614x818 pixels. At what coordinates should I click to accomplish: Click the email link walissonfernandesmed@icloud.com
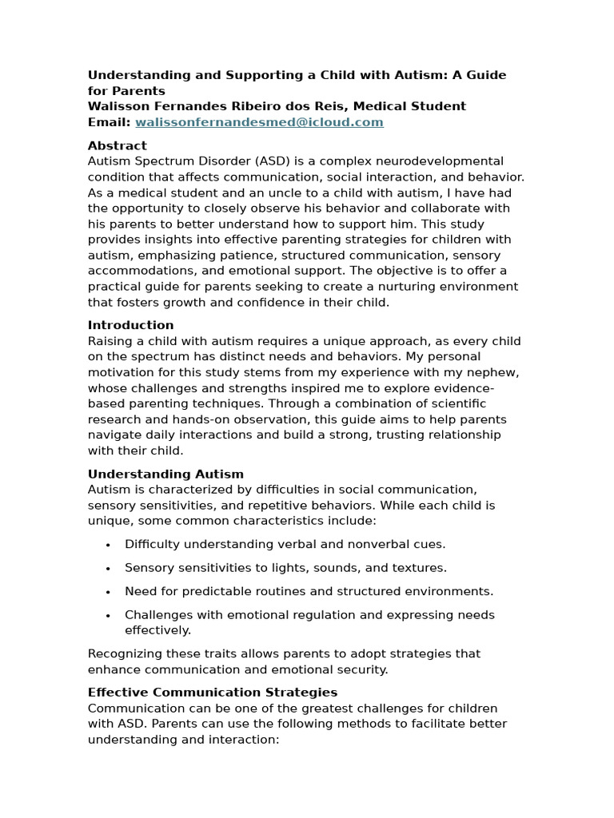pos(259,122)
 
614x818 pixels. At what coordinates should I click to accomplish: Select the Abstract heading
pos(117,145)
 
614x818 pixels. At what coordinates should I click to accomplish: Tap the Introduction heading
pos(130,325)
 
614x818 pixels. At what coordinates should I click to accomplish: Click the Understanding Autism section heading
pos(165,474)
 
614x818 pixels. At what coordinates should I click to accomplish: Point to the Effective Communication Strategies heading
pos(212,692)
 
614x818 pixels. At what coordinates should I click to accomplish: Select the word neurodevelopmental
pos(437,161)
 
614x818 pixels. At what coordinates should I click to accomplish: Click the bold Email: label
pos(109,122)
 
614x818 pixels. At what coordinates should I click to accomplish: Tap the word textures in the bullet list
pos(421,568)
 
